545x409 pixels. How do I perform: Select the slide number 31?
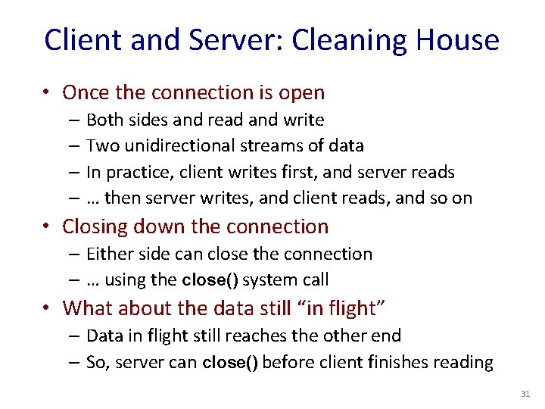525,394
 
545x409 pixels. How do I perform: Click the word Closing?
93,226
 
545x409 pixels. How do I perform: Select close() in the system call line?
210,280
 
